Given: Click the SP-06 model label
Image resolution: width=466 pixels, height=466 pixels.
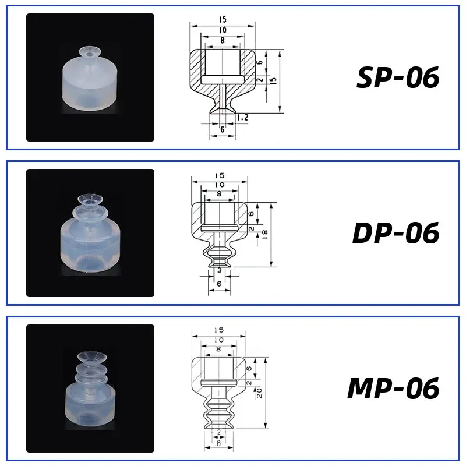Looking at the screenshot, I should pyautogui.click(x=397, y=78).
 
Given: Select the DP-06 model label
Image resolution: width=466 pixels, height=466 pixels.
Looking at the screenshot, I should pyautogui.click(x=396, y=233).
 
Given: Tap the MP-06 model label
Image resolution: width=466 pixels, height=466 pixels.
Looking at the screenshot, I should pyautogui.click(x=393, y=389).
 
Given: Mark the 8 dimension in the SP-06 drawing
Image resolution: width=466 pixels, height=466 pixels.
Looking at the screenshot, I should pyautogui.click(x=223, y=40).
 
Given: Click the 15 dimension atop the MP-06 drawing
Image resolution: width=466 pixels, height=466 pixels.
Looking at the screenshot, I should pyautogui.click(x=219, y=331).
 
